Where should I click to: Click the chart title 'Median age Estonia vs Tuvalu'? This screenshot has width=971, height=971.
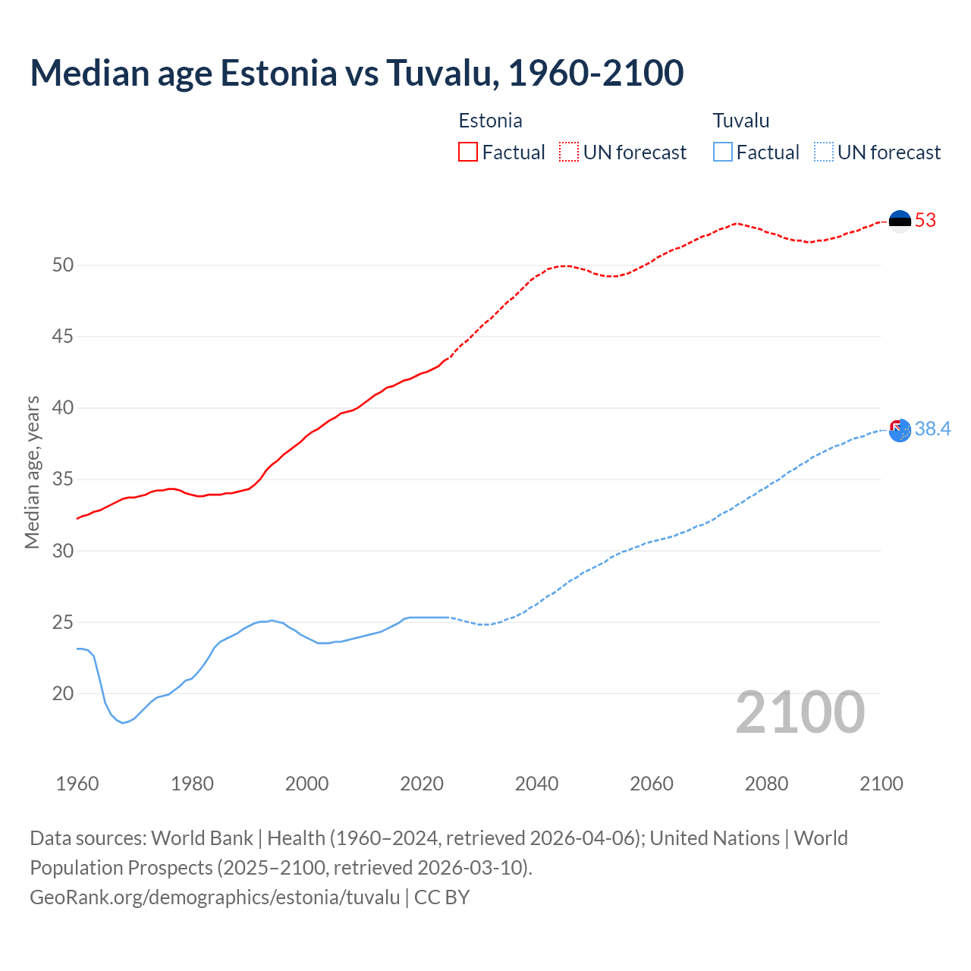click(x=357, y=73)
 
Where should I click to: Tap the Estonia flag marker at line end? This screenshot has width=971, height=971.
click(x=900, y=222)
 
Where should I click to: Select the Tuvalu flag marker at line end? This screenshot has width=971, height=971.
click(x=900, y=430)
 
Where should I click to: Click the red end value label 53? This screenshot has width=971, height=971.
click(x=925, y=221)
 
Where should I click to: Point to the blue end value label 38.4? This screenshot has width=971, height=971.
click(x=932, y=429)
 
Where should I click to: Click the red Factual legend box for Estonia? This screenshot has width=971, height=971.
click(x=468, y=152)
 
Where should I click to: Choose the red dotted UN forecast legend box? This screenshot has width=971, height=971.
click(x=569, y=152)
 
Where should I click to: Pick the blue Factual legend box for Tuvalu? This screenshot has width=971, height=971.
click(x=722, y=152)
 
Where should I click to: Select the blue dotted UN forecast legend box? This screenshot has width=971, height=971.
click(x=823, y=152)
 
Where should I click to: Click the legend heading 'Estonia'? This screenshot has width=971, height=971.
click(x=490, y=121)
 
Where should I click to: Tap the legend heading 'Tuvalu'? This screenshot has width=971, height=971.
click(x=741, y=121)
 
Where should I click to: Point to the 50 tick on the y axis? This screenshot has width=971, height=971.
click(x=63, y=266)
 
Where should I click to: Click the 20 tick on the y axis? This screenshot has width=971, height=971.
click(x=63, y=693)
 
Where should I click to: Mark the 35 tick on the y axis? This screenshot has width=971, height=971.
click(x=63, y=479)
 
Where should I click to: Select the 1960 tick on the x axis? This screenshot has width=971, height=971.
click(x=77, y=784)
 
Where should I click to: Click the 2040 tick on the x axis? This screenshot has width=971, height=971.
click(x=536, y=784)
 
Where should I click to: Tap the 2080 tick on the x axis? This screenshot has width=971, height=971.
click(x=766, y=784)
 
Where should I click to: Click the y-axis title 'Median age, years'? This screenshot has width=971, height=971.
click(x=32, y=472)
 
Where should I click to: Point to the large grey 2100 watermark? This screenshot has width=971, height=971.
click(x=800, y=712)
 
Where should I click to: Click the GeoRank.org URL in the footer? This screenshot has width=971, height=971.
click(x=215, y=897)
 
